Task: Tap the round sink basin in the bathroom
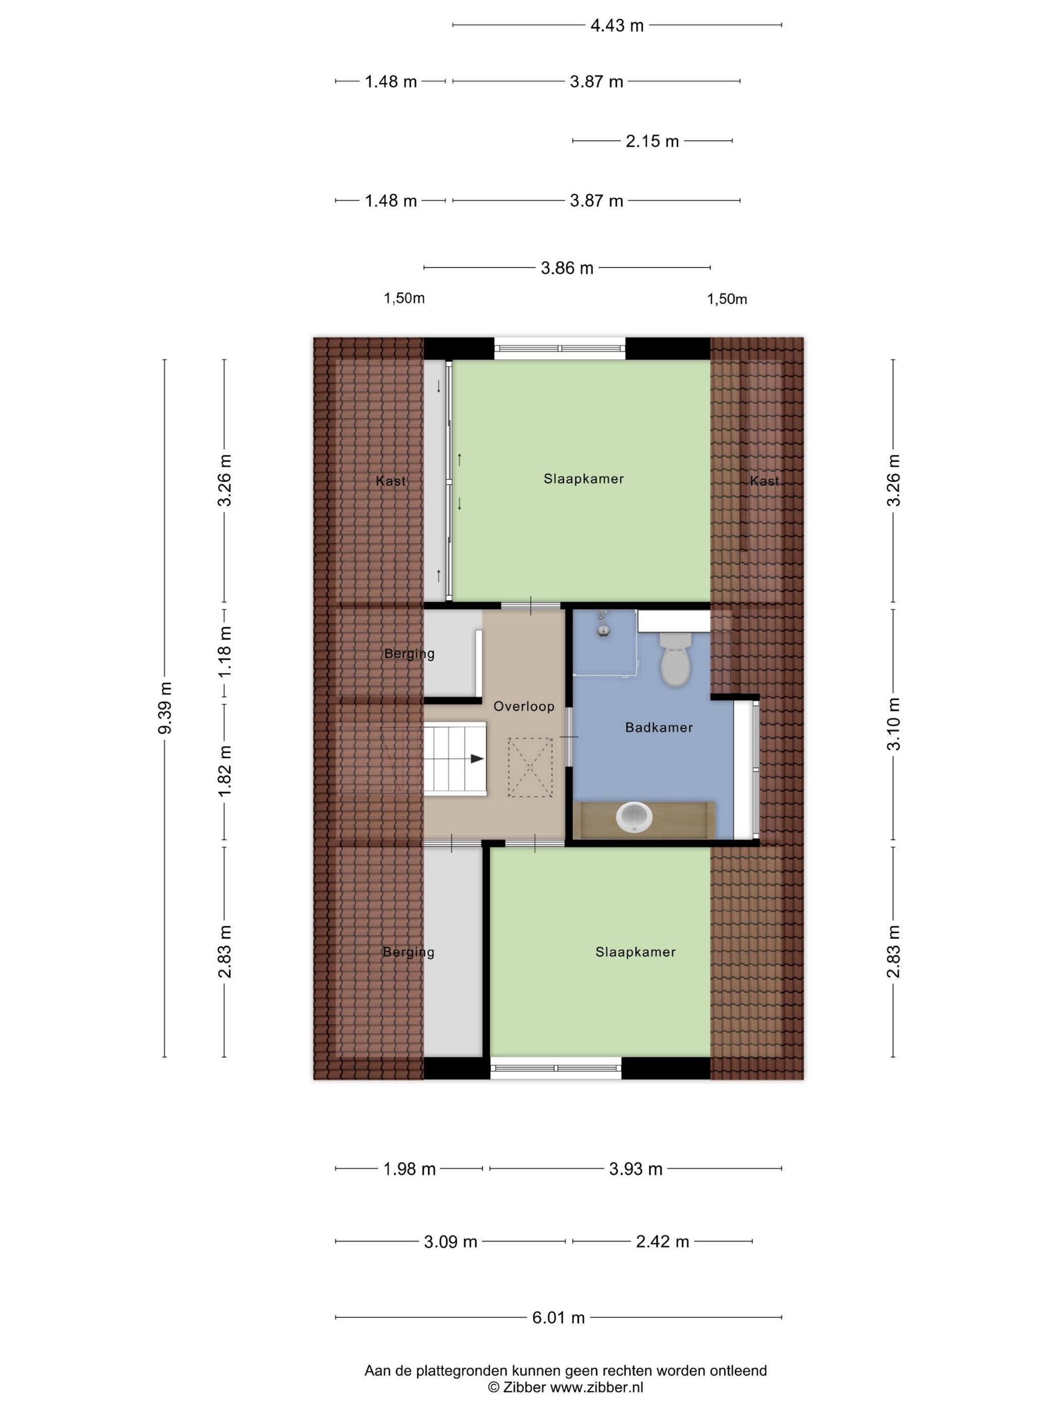tap(634, 817)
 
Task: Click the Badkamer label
tap(659, 727)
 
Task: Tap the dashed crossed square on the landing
tap(530, 767)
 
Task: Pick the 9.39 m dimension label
tap(165, 708)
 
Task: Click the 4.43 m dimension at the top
tap(617, 26)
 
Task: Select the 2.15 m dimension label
tap(652, 141)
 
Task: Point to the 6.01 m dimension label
tap(559, 1317)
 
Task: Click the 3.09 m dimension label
tap(450, 1241)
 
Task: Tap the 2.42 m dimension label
tap(663, 1241)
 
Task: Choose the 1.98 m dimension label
tap(410, 1169)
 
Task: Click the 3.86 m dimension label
tap(567, 268)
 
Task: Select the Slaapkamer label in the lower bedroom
tap(635, 952)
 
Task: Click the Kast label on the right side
tap(764, 481)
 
